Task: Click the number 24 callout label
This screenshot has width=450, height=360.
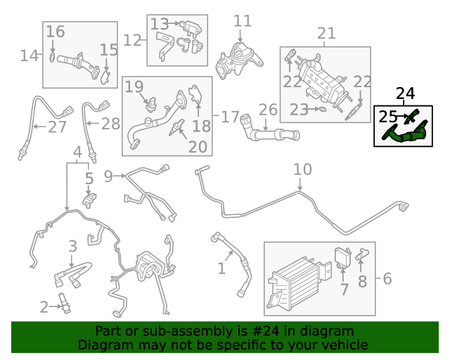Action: tap(406, 93)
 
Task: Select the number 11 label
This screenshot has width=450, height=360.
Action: tap(242, 21)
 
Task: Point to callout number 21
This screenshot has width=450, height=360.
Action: tap(326, 33)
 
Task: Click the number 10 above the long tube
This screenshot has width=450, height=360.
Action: tap(302, 169)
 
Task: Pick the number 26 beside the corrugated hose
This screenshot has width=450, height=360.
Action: tap(268, 110)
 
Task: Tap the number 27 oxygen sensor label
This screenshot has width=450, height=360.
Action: tap(56, 127)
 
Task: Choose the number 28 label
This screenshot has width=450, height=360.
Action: tap(110, 124)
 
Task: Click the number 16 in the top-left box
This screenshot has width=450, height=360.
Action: tap(56, 32)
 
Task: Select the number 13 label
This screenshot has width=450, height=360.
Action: tap(160, 25)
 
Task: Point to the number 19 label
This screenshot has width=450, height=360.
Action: tap(134, 86)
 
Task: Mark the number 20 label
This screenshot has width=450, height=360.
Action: tap(198, 146)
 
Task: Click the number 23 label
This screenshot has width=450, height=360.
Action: tap(299, 109)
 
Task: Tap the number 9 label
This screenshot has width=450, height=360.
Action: tap(108, 175)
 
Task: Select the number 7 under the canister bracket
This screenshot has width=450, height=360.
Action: tap(344, 289)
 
